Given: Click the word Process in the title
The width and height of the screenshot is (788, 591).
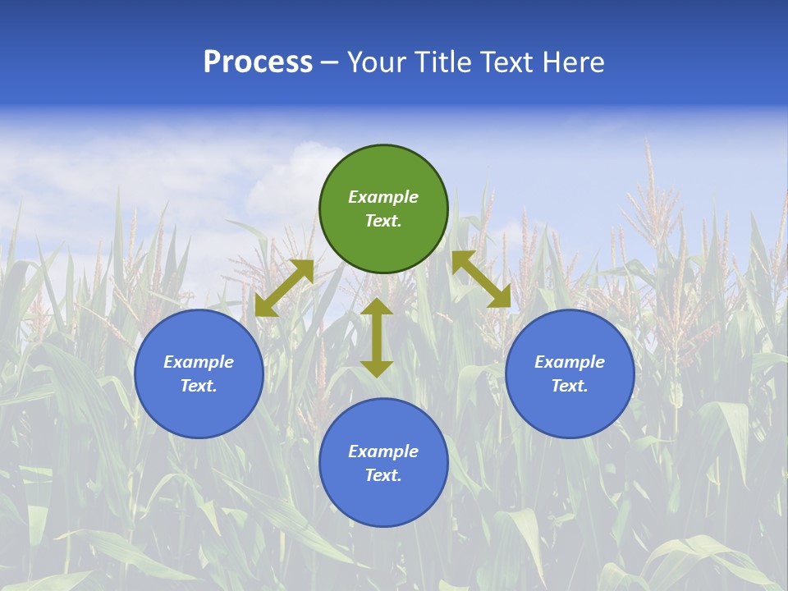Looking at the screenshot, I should click(x=258, y=62).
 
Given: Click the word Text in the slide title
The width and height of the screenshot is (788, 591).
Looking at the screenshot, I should click(x=511, y=62).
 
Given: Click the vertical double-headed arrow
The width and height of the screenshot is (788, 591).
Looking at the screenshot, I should click(x=377, y=337).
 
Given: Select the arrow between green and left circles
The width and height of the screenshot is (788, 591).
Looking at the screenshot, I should click(x=284, y=288).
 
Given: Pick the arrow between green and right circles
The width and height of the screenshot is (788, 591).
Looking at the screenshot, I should click(x=481, y=279).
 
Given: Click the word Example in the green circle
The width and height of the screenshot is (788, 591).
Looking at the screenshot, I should click(x=383, y=197).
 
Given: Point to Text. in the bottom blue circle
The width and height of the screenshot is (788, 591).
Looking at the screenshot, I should click(x=383, y=475).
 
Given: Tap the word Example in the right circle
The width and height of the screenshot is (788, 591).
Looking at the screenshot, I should click(x=570, y=362).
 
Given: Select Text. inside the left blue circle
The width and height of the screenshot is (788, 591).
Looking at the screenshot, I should click(x=199, y=386).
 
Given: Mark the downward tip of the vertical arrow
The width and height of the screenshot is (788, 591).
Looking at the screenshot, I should click(x=377, y=373).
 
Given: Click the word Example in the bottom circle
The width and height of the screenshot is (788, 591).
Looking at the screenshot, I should click(x=383, y=451).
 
